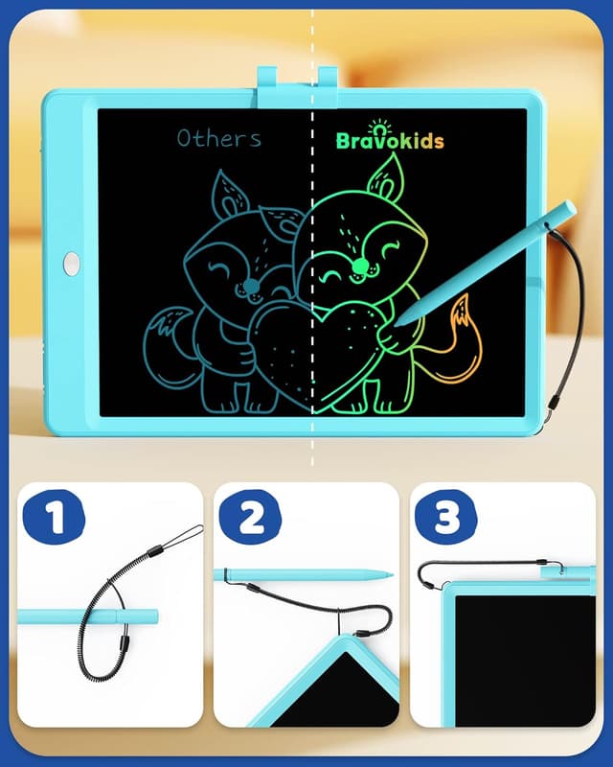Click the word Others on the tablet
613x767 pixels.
tap(218, 138)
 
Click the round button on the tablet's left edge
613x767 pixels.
tap(72, 263)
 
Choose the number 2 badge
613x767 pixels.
tap(251, 518)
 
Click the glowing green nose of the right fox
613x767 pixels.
tap(359, 266)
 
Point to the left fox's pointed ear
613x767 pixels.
tap(228, 192)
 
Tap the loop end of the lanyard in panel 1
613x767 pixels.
tap(191, 531)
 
